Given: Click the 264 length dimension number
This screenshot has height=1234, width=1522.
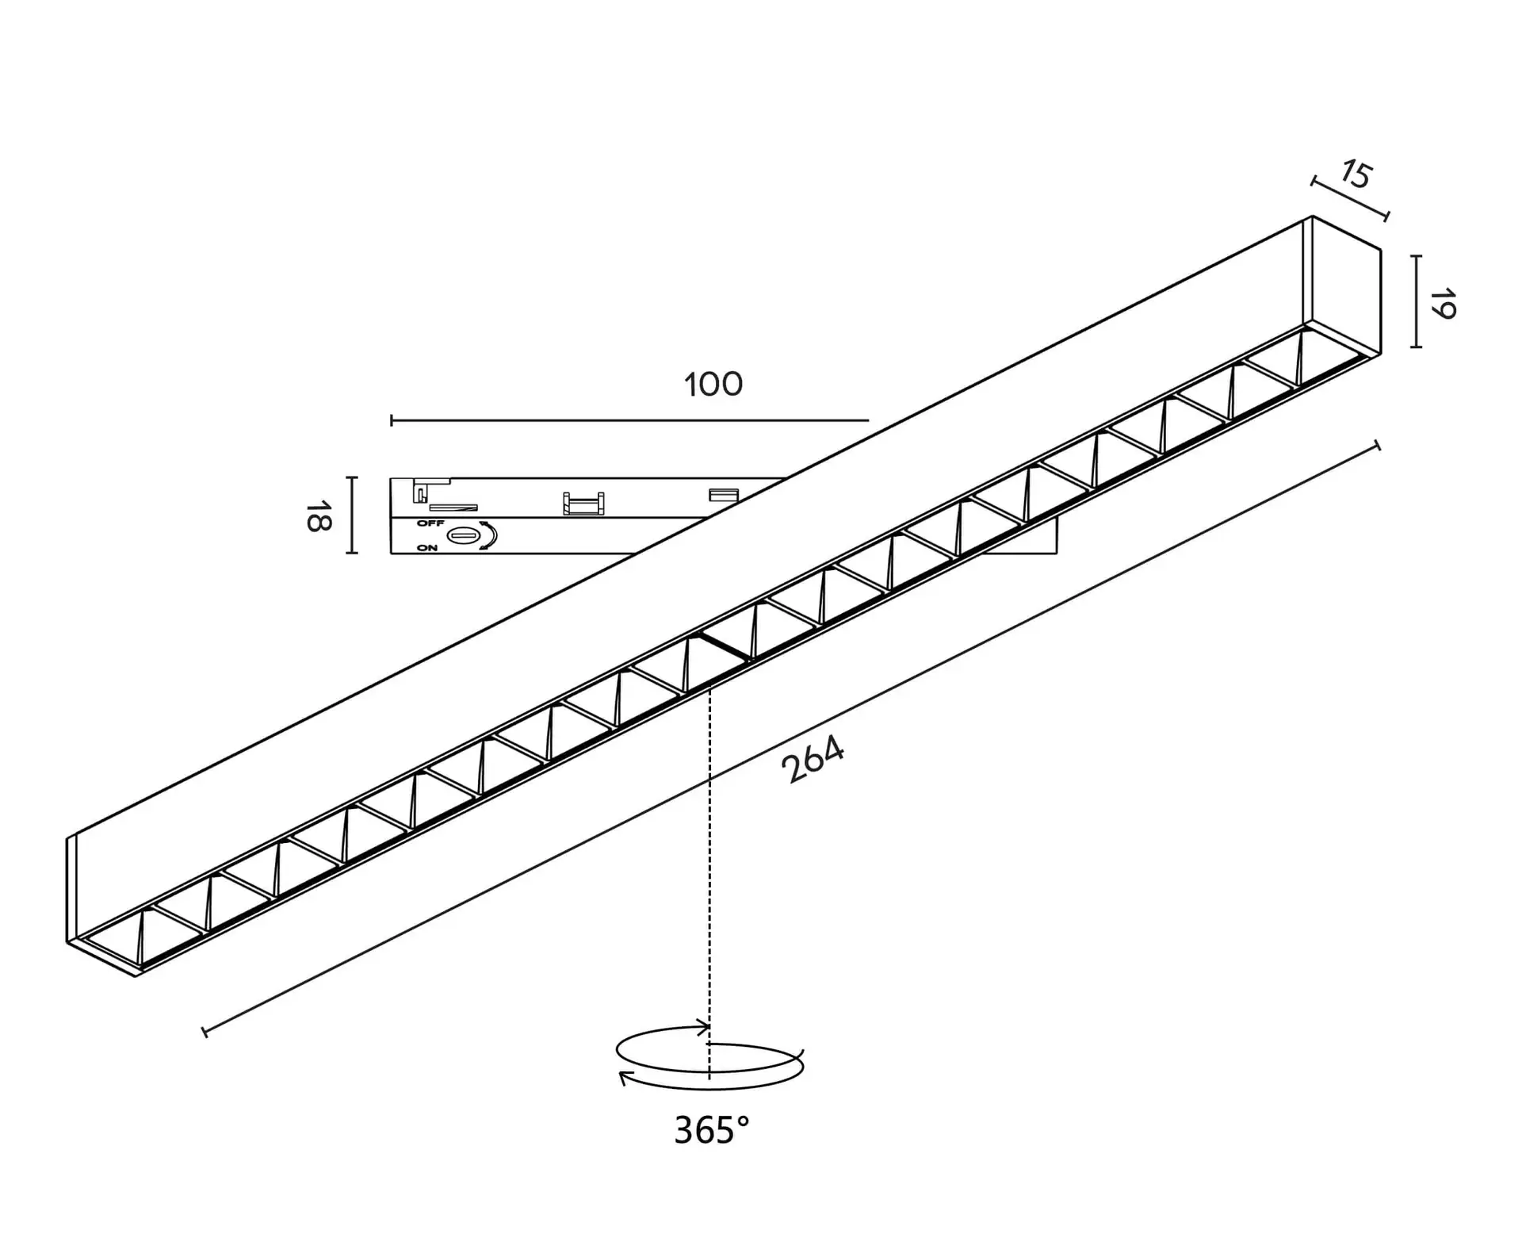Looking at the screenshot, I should tap(813, 759).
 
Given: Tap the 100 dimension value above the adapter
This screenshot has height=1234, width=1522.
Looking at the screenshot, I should tap(713, 385).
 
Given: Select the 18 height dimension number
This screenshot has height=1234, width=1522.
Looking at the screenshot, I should tap(319, 515).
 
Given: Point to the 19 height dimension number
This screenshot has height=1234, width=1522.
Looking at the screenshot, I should tap(1443, 304).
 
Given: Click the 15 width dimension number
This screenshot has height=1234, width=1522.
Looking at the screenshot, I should tap(1356, 175).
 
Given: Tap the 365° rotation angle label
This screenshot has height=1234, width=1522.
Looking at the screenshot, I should tap(711, 1130).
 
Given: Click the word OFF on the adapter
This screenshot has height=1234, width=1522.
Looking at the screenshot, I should tap(430, 523).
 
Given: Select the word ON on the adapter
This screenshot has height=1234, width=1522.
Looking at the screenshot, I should tap(427, 548).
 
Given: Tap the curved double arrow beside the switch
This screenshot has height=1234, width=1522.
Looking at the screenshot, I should tap(490, 535).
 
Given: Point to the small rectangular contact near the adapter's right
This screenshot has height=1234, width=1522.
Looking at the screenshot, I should tap(723, 495).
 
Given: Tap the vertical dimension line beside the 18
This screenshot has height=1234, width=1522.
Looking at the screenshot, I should tap(353, 515).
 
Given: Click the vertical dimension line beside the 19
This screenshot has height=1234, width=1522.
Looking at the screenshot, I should tap(1416, 301).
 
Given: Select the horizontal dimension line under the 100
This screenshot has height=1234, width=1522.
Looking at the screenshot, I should tap(629, 420).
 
